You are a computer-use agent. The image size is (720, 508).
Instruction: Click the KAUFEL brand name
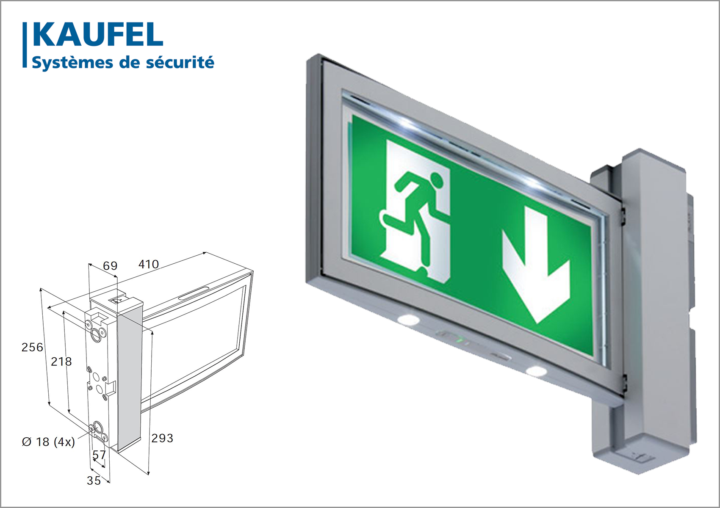click(x=98, y=34)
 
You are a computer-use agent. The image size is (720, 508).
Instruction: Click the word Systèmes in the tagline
click(x=72, y=62)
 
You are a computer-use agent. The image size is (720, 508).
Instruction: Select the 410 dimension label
click(x=149, y=264)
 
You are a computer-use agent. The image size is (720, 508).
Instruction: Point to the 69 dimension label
click(x=110, y=266)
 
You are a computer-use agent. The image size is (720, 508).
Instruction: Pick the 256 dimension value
click(x=32, y=347)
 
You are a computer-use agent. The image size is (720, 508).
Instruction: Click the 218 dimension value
click(x=61, y=362)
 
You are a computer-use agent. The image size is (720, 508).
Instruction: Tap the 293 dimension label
click(x=162, y=438)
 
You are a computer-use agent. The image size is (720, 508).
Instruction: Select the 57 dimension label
click(x=99, y=455)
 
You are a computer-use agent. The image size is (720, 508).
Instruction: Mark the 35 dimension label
click(x=94, y=480)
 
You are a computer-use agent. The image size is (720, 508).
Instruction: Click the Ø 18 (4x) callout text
click(x=48, y=442)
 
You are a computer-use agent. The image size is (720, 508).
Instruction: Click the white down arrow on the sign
click(x=536, y=265)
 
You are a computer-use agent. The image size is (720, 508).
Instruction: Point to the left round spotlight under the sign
click(x=408, y=319)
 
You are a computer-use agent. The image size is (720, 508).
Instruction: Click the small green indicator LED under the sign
click(x=460, y=339)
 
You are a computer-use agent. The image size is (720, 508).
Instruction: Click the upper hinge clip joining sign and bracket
click(x=623, y=215)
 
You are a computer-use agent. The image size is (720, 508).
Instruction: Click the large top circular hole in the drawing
click(x=96, y=335)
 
